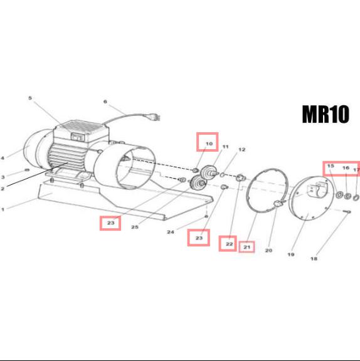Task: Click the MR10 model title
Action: (326, 114)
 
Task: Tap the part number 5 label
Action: (30, 98)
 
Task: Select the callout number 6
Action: (105, 102)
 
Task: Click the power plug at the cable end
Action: (156, 118)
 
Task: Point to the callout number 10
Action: (209, 144)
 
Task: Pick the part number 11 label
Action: (225, 147)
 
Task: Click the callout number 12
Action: (241, 150)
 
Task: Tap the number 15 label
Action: (331, 165)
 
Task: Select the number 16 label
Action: (346, 168)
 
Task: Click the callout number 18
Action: (314, 259)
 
